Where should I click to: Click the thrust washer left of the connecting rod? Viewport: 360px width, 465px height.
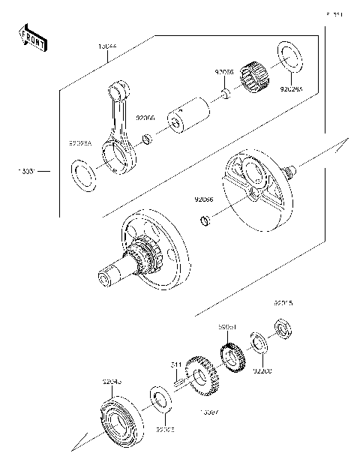pyautogui.click(x=84, y=175)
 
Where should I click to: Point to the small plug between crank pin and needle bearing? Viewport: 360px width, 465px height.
pyautogui.click(x=223, y=94)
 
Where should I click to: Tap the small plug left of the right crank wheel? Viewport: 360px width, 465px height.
pyautogui.click(x=203, y=220)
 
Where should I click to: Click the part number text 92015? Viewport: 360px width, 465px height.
pyautogui.click(x=283, y=304)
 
